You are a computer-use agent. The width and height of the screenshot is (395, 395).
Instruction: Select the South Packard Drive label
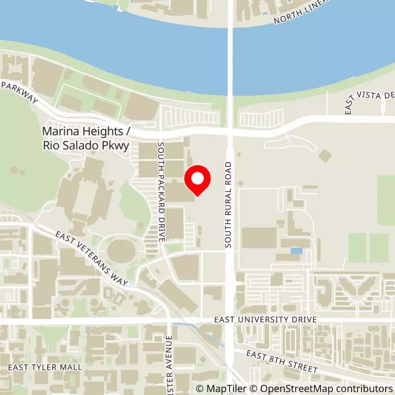click(x=161, y=192)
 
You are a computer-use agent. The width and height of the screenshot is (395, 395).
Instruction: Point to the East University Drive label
click(x=265, y=320)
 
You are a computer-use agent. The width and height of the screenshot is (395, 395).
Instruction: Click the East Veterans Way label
click(x=92, y=258)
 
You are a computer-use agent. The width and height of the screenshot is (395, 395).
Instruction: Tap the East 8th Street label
click(x=282, y=361)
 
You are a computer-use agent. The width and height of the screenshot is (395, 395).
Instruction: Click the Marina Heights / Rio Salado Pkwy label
click(x=86, y=139)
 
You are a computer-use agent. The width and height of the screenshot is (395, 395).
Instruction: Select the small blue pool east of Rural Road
click(x=296, y=251)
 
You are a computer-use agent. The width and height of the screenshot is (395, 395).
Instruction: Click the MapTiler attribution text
click(x=221, y=389)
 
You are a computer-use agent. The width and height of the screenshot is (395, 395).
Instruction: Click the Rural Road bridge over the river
click(x=230, y=49)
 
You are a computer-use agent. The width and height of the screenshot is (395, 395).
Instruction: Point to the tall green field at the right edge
click(x=386, y=199)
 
